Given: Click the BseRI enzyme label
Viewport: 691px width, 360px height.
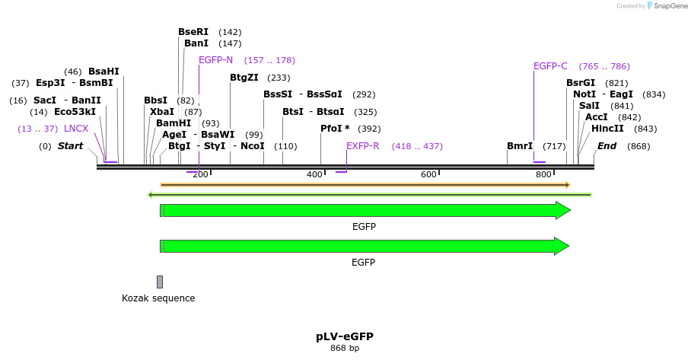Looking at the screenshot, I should (193, 32).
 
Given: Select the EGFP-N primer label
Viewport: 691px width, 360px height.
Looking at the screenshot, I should (215, 60).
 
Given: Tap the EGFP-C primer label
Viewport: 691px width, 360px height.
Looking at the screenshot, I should (550, 66).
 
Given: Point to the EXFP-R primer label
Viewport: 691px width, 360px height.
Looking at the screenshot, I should (362, 146).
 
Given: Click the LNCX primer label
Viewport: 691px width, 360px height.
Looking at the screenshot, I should (76, 129).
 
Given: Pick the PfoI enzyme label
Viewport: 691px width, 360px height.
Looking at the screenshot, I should (335, 129).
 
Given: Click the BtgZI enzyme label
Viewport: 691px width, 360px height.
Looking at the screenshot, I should (244, 78).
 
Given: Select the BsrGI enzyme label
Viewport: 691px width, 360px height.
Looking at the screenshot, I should (581, 83).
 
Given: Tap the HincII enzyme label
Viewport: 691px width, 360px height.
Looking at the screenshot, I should (607, 129).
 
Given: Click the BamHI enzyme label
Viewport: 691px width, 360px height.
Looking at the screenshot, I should (174, 123).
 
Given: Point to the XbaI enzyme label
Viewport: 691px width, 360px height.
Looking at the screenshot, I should (162, 112).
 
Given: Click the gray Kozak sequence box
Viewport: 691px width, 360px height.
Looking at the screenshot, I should (160, 282).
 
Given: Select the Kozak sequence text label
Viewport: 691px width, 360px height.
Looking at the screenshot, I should (158, 298).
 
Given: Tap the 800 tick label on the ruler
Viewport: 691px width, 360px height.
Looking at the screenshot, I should (543, 175).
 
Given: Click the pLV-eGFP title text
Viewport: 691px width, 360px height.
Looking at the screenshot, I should (345, 336).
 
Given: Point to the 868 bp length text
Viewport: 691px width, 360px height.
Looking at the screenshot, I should (345, 349).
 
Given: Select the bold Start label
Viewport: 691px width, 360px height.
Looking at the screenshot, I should (70, 146).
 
